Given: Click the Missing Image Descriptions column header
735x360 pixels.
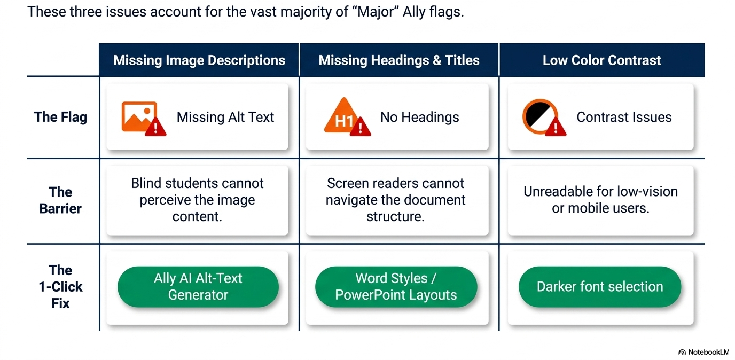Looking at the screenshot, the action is pyautogui.click(x=199, y=60).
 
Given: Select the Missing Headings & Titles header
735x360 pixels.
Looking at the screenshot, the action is pyautogui.click(x=399, y=60).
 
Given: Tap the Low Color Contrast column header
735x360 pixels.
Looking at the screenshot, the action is pyautogui.click(x=602, y=60).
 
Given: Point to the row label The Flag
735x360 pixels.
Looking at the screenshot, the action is pyautogui.click(x=61, y=117).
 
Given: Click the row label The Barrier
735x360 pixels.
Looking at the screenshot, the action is pyautogui.click(x=60, y=200).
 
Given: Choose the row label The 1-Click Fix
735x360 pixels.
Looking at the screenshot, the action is pyautogui.click(x=60, y=286).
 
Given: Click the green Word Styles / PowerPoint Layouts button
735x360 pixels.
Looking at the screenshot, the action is pyautogui.click(x=396, y=287).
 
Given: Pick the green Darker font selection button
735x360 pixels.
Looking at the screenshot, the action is pyautogui.click(x=600, y=287).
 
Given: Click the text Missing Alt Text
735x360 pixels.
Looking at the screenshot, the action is pyautogui.click(x=225, y=117).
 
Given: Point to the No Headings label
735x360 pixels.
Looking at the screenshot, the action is pyautogui.click(x=420, y=117).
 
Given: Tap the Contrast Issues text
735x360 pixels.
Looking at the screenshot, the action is pyautogui.click(x=624, y=117).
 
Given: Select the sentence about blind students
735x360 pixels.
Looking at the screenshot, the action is pyautogui.click(x=197, y=200).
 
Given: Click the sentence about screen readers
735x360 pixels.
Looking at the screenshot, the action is pyautogui.click(x=395, y=200).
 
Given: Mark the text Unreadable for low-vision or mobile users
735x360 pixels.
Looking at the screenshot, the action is pyautogui.click(x=600, y=200).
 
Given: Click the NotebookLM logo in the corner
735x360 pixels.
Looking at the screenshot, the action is pyautogui.click(x=703, y=352).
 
